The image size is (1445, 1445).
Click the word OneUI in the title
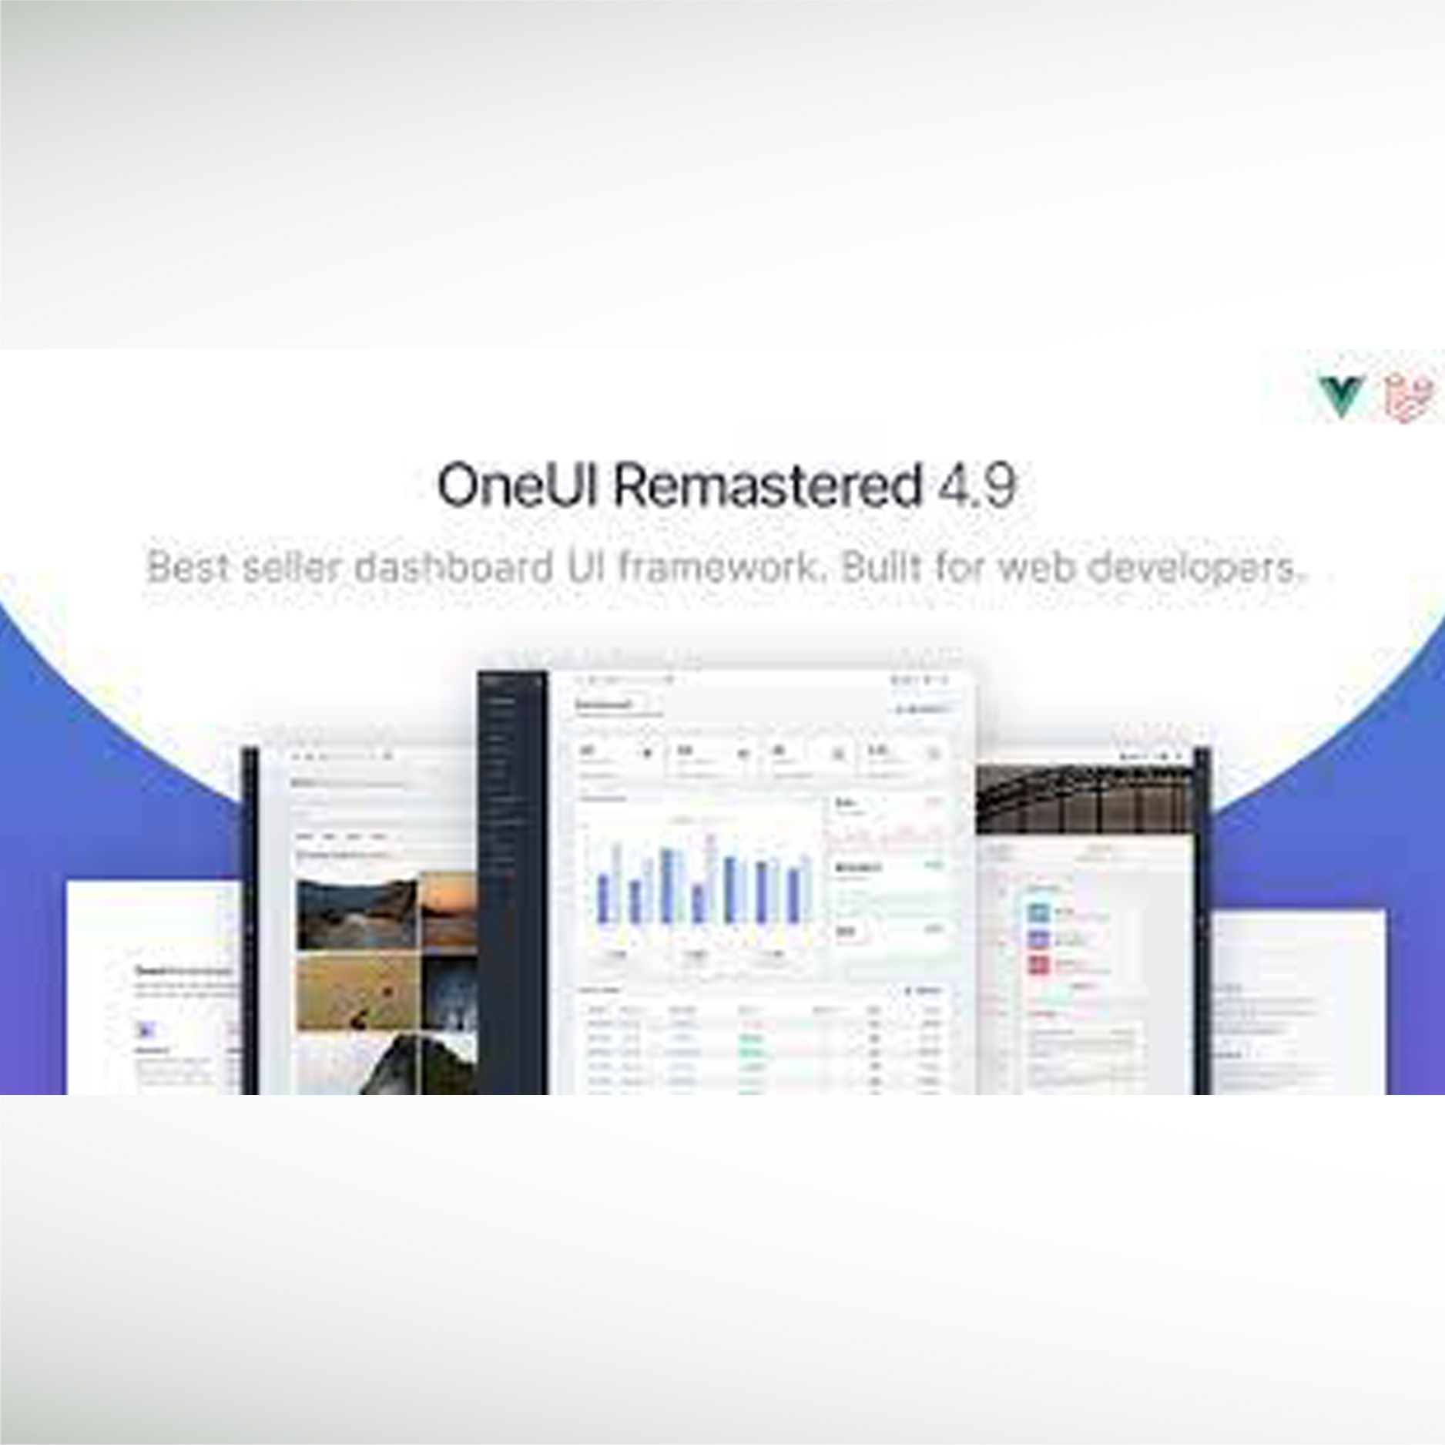pos(517,486)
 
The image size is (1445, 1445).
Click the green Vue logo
pos(1341,397)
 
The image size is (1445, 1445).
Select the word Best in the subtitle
pos(187,568)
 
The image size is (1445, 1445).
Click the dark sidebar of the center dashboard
pos(512,886)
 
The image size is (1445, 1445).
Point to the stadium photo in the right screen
pos(1084,799)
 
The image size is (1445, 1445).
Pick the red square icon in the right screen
pos(1039,964)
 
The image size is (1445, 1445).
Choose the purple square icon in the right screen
pos(1039,939)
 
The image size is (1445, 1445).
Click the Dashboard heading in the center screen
pos(605,704)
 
